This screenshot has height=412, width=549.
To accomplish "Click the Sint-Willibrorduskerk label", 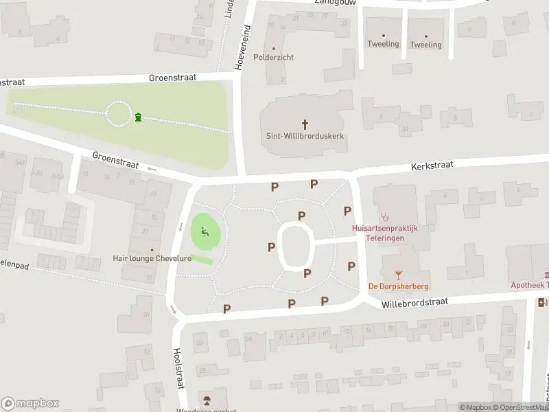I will point(305,137).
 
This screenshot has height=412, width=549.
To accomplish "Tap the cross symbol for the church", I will point(305,124).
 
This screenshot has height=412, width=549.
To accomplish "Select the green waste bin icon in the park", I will point(139,117).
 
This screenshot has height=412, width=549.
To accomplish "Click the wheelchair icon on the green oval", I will point(205,232).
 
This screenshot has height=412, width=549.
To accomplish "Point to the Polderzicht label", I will point(273,57).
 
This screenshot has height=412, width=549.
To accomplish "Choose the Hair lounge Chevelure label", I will point(152,259).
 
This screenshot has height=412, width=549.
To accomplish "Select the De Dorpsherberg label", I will point(399,286).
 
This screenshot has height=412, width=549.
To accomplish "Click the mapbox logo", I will point(30,404).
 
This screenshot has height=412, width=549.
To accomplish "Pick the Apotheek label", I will point(528,285).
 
